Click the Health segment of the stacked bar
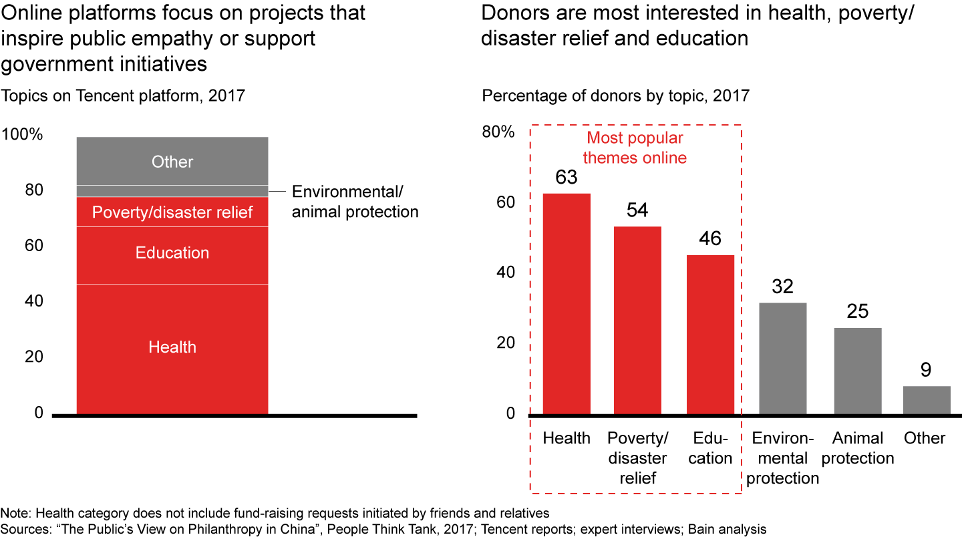tap(172, 347)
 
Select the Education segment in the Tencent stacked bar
tap(172, 254)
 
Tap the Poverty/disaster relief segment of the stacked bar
tap(172, 212)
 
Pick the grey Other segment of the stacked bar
tap(172, 162)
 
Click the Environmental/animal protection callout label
tap(355, 202)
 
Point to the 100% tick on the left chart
tap(23, 135)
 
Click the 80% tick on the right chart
tap(498, 132)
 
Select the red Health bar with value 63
tap(566, 304)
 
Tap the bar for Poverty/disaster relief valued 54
tap(637, 321)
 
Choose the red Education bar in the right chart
tap(710, 334)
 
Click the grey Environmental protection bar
tap(782, 358)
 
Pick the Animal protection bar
tap(857, 371)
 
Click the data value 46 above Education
tap(710, 239)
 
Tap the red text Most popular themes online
tap(635, 148)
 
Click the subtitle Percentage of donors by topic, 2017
tap(616, 96)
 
